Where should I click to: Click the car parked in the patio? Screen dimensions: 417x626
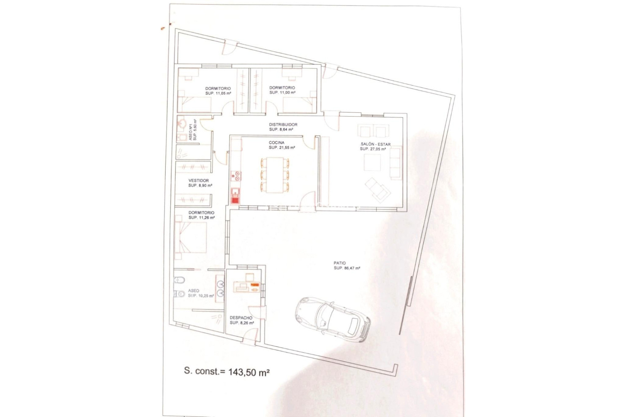(333, 319)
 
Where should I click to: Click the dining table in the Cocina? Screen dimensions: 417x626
(275, 175)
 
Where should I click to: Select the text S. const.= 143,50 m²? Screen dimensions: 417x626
(227, 372)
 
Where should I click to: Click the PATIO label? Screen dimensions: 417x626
(340, 263)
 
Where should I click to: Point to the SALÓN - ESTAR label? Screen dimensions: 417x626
(375, 144)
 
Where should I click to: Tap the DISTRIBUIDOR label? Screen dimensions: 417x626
(283, 124)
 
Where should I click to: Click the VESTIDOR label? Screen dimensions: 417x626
(199, 180)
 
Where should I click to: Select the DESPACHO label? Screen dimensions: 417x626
(241, 318)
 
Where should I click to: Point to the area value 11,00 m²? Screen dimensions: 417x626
(287, 93)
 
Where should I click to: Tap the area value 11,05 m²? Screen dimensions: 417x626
(223, 93)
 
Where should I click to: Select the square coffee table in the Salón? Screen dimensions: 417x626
(372, 162)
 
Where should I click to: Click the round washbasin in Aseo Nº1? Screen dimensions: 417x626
(182, 124)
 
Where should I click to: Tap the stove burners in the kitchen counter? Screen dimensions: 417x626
(236, 176)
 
